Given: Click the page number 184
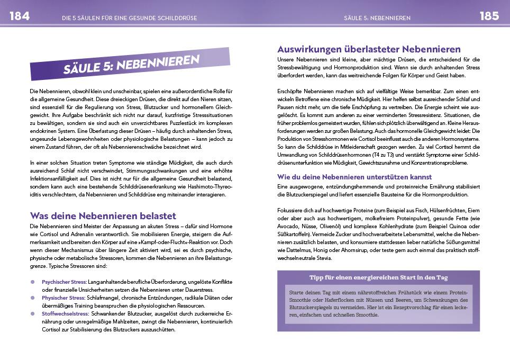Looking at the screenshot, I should tap(20, 16).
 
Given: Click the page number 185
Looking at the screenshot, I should tap(489, 16).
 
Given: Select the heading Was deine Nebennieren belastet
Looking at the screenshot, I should tap(103, 215).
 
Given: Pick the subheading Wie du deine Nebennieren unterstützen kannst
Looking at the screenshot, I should tap(354, 177).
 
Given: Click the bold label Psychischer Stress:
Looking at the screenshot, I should tap(65, 282).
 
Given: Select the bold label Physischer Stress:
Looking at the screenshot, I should tap(63, 298).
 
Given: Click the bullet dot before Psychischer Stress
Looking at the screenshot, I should tap(33, 282).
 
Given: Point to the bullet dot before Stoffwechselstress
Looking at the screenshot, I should tap(33, 313).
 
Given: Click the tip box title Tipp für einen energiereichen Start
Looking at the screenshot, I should tap(378, 277).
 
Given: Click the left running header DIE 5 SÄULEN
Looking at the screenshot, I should tap(129, 17).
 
